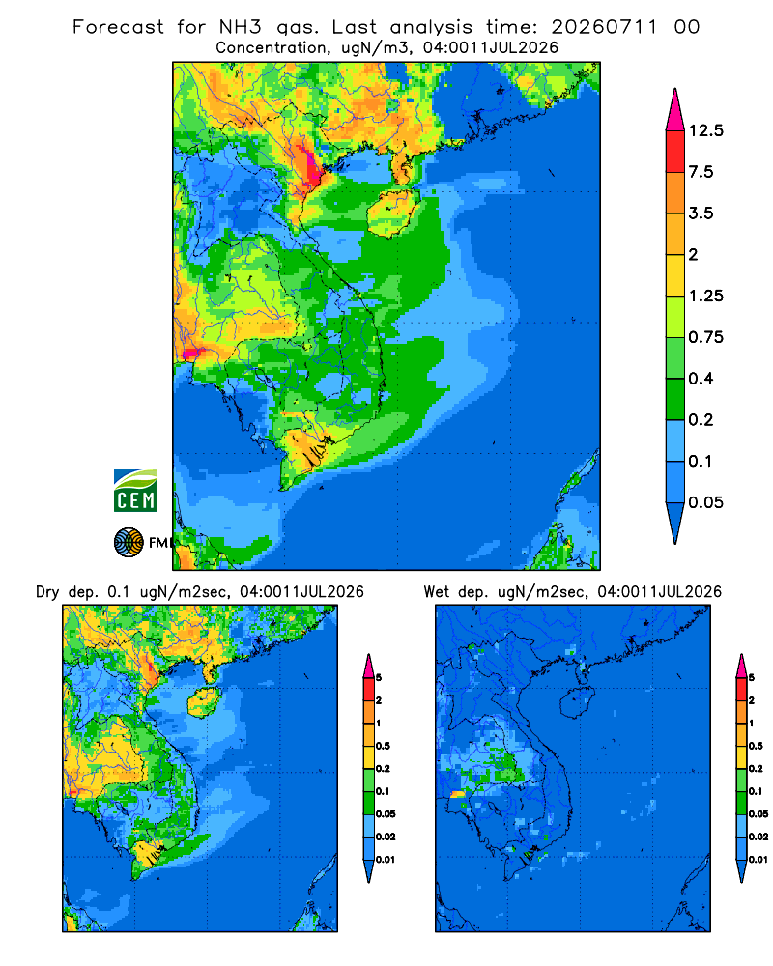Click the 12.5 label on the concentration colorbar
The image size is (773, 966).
pyautogui.click(x=705, y=130)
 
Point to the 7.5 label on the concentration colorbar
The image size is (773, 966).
pyautogui.click(x=701, y=172)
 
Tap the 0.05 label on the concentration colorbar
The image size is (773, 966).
pyautogui.click(x=705, y=502)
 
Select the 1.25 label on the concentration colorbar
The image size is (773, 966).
pyautogui.click(x=705, y=297)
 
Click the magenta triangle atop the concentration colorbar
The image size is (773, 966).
pyautogui.click(x=675, y=112)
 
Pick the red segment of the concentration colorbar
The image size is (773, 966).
pyautogui.click(x=675, y=152)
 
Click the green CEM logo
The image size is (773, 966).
pyautogui.click(x=135, y=491)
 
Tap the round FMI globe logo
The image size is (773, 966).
pyautogui.click(x=129, y=543)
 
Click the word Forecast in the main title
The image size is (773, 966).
pyautogui.click(x=118, y=27)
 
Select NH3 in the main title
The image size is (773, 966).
pyautogui.click(x=240, y=27)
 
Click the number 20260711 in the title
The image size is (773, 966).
pyautogui.click(x=604, y=27)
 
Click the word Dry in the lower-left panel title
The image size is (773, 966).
pyautogui.click(x=46, y=593)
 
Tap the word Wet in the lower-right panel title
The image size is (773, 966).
pyautogui.click(x=436, y=592)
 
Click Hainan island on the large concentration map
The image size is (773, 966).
pyautogui.click(x=393, y=213)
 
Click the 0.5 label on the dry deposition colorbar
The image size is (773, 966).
pyautogui.click(x=383, y=746)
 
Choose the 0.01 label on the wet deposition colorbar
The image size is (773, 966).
pyautogui.click(x=759, y=860)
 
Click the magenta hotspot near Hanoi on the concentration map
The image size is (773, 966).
pyautogui.click(x=315, y=171)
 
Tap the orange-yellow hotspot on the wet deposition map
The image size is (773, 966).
pyautogui.click(x=457, y=795)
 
